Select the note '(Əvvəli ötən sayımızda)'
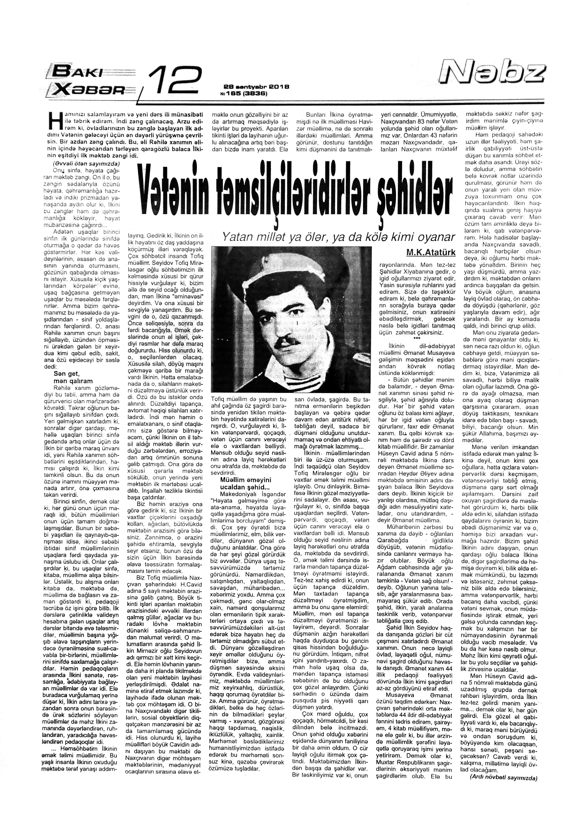(86, 163)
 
